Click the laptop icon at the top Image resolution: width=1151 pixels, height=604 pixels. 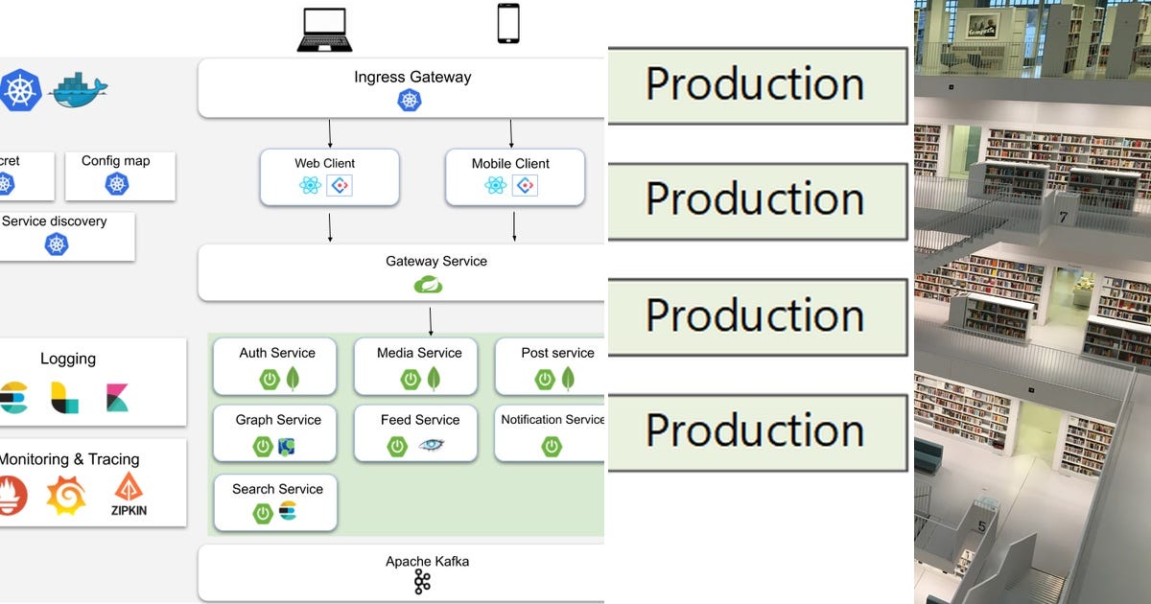tap(325, 30)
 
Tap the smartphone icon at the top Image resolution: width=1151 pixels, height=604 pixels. tap(508, 24)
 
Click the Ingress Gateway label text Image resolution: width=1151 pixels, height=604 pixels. tap(412, 78)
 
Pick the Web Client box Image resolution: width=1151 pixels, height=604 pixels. tap(329, 176)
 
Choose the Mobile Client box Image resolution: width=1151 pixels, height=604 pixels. tap(515, 176)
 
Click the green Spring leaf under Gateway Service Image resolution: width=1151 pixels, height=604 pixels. tap(428, 285)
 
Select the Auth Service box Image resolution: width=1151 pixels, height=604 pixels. tap(275, 366)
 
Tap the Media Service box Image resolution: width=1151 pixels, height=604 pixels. tap(419, 366)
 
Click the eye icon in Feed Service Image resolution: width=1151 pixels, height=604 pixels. tap(432, 446)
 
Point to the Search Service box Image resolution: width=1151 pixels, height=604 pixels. tap(275, 502)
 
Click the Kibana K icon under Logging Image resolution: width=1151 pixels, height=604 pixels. tap(118, 397)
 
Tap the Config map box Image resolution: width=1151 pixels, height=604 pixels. tap(119, 174)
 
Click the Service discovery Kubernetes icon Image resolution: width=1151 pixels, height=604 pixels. tap(58, 244)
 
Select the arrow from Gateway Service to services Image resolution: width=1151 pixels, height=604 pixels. tap(431, 319)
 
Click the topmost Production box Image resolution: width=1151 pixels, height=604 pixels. tap(757, 85)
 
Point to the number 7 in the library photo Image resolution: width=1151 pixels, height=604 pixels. tap(1063, 218)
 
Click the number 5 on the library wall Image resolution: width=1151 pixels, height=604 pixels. tap(981, 526)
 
